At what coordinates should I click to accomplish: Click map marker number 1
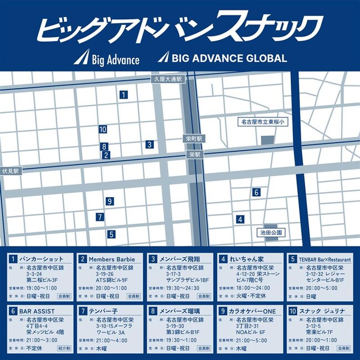[x=122, y=95]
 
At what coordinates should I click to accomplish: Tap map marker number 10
[x=102, y=129]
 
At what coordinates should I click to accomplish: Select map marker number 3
[x=150, y=144]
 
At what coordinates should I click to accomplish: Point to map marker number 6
[x=256, y=192]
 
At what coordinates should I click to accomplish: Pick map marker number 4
[x=240, y=219]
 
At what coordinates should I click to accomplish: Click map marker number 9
[x=110, y=201]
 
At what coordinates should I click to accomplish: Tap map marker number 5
[x=111, y=234]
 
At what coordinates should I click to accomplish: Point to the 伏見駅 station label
[x=10, y=171]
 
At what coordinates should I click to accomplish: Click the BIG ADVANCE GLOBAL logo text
[x=229, y=58]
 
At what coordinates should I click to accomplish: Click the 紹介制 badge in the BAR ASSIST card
[x=65, y=349]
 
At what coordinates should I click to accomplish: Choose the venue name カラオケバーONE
[x=253, y=311]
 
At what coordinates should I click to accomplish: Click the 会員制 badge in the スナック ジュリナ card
[x=343, y=349]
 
